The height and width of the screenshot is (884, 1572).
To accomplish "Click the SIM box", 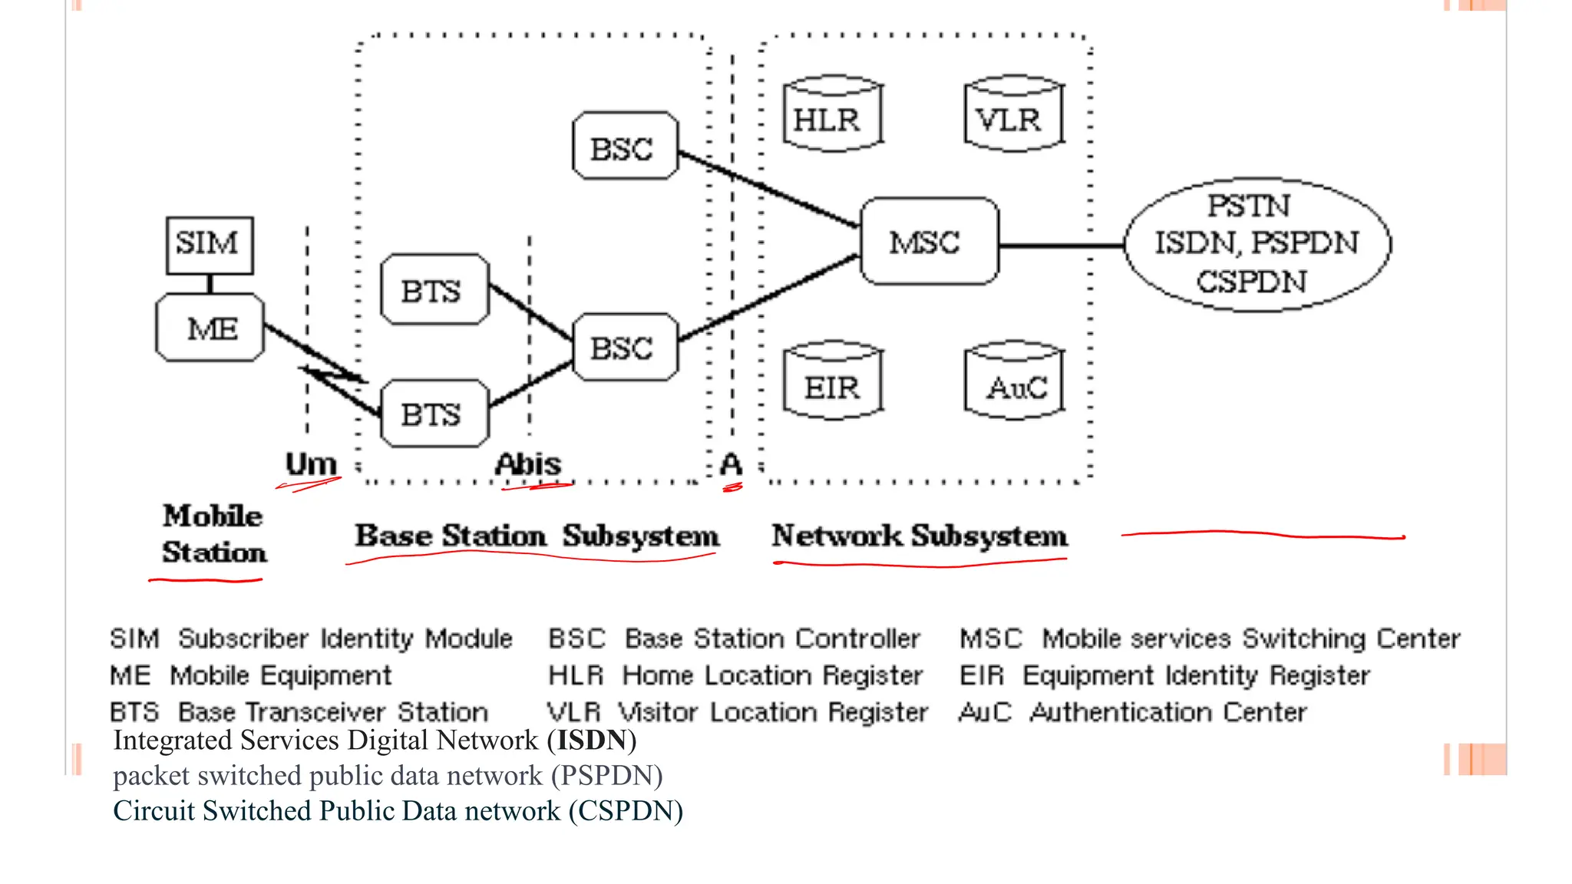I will coord(210,245).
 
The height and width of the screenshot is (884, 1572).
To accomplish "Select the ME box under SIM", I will coord(210,328).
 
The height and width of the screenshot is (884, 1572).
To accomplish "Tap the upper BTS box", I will coord(434,290).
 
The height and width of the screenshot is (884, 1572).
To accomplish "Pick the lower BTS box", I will coord(434,414).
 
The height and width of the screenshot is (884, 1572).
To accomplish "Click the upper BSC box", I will coord(624,147).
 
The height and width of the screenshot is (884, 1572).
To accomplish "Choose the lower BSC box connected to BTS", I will coord(624,348).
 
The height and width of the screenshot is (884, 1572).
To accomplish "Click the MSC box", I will coord(928,242).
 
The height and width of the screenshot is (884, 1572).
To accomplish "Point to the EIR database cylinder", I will coord(832,383).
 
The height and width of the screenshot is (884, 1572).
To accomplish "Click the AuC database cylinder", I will coord(1013,383).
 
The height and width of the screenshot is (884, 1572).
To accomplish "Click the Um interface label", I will coord(311,463).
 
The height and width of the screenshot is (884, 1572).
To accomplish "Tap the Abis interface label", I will coord(528,463).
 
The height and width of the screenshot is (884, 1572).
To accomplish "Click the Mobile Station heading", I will coord(213,534).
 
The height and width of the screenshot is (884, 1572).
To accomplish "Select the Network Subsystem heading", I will coord(919,536).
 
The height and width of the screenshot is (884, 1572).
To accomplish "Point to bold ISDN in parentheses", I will coord(591,741).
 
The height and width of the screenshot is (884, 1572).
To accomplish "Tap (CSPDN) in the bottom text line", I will coord(626,811).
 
